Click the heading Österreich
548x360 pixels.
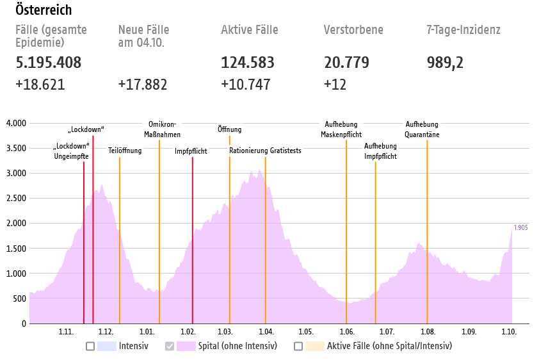click(x=44, y=11)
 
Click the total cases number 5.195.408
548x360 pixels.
click(x=49, y=63)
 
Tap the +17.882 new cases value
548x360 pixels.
click(x=143, y=85)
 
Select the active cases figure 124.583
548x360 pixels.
click(x=248, y=63)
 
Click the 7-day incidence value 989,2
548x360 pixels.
click(x=446, y=63)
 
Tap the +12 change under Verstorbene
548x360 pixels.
click(x=335, y=85)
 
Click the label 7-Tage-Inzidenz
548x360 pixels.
click(x=463, y=30)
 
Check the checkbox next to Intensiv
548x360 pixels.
click(x=90, y=347)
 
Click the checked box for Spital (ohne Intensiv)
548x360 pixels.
click(x=170, y=347)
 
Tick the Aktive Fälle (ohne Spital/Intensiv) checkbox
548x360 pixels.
click(x=298, y=347)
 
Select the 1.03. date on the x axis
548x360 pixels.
click(x=225, y=332)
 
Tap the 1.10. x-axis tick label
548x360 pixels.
click(x=508, y=332)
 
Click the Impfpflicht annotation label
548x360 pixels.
click(x=191, y=152)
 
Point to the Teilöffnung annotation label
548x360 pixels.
click(x=120, y=151)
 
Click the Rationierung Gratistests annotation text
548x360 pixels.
click(x=265, y=151)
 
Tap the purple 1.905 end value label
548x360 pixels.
click(x=520, y=227)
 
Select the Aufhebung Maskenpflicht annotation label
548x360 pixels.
click(x=341, y=129)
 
